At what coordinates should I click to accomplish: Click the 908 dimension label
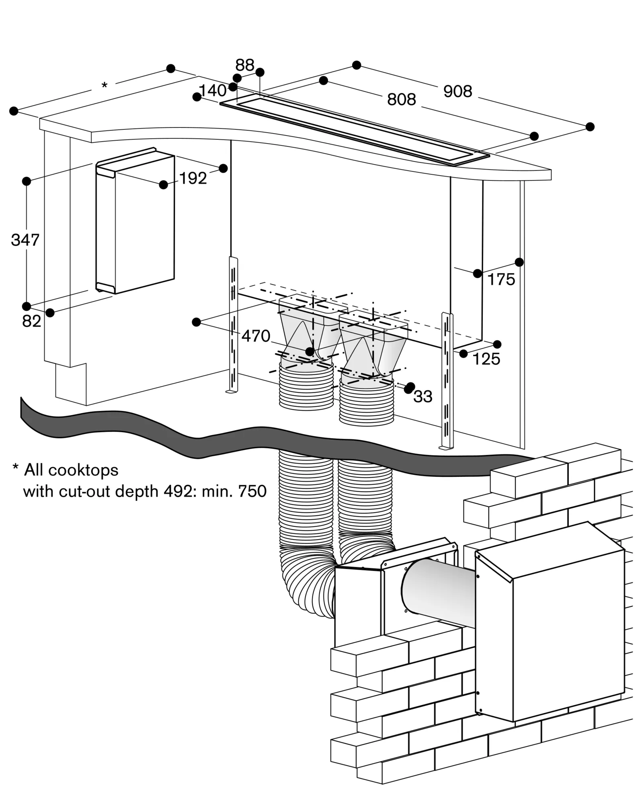pyautogui.click(x=457, y=92)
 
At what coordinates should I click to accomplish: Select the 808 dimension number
pyautogui.click(x=401, y=100)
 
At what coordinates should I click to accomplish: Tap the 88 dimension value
pyautogui.click(x=245, y=65)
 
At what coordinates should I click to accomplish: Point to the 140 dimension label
pyautogui.click(x=213, y=91)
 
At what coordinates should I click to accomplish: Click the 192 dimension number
pyautogui.click(x=193, y=178)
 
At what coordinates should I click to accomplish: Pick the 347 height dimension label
pyautogui.click(x=25, y=240)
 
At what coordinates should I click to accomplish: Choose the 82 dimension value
pyautogui.click(x=32, y=321)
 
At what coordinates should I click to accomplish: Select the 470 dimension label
pyautogui.click(x=256, y=336)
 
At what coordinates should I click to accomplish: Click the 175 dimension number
pyautogui.click(x=501, y=279)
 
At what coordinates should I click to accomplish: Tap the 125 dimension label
pyautogui.click(x=486, y=359)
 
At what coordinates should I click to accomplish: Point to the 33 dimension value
pyautogui.click(x=423, y=397)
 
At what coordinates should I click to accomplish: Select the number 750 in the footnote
pyautogui.click(x=252, y=491)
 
